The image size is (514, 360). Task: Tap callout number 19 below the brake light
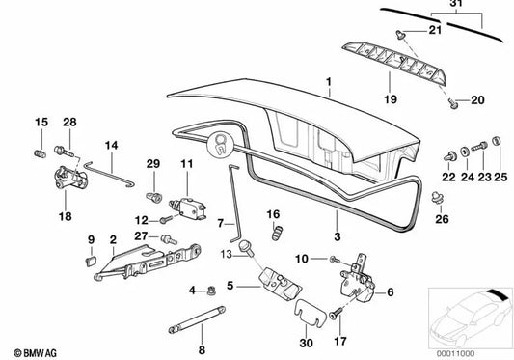tap(391, 98)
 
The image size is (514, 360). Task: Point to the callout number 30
tap(306, 342)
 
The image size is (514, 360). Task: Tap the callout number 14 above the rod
tap(111, 146)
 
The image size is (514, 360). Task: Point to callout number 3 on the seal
tap(337, 235)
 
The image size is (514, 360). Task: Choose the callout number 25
tap(500, 177)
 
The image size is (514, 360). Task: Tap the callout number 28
tap(68, 122)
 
